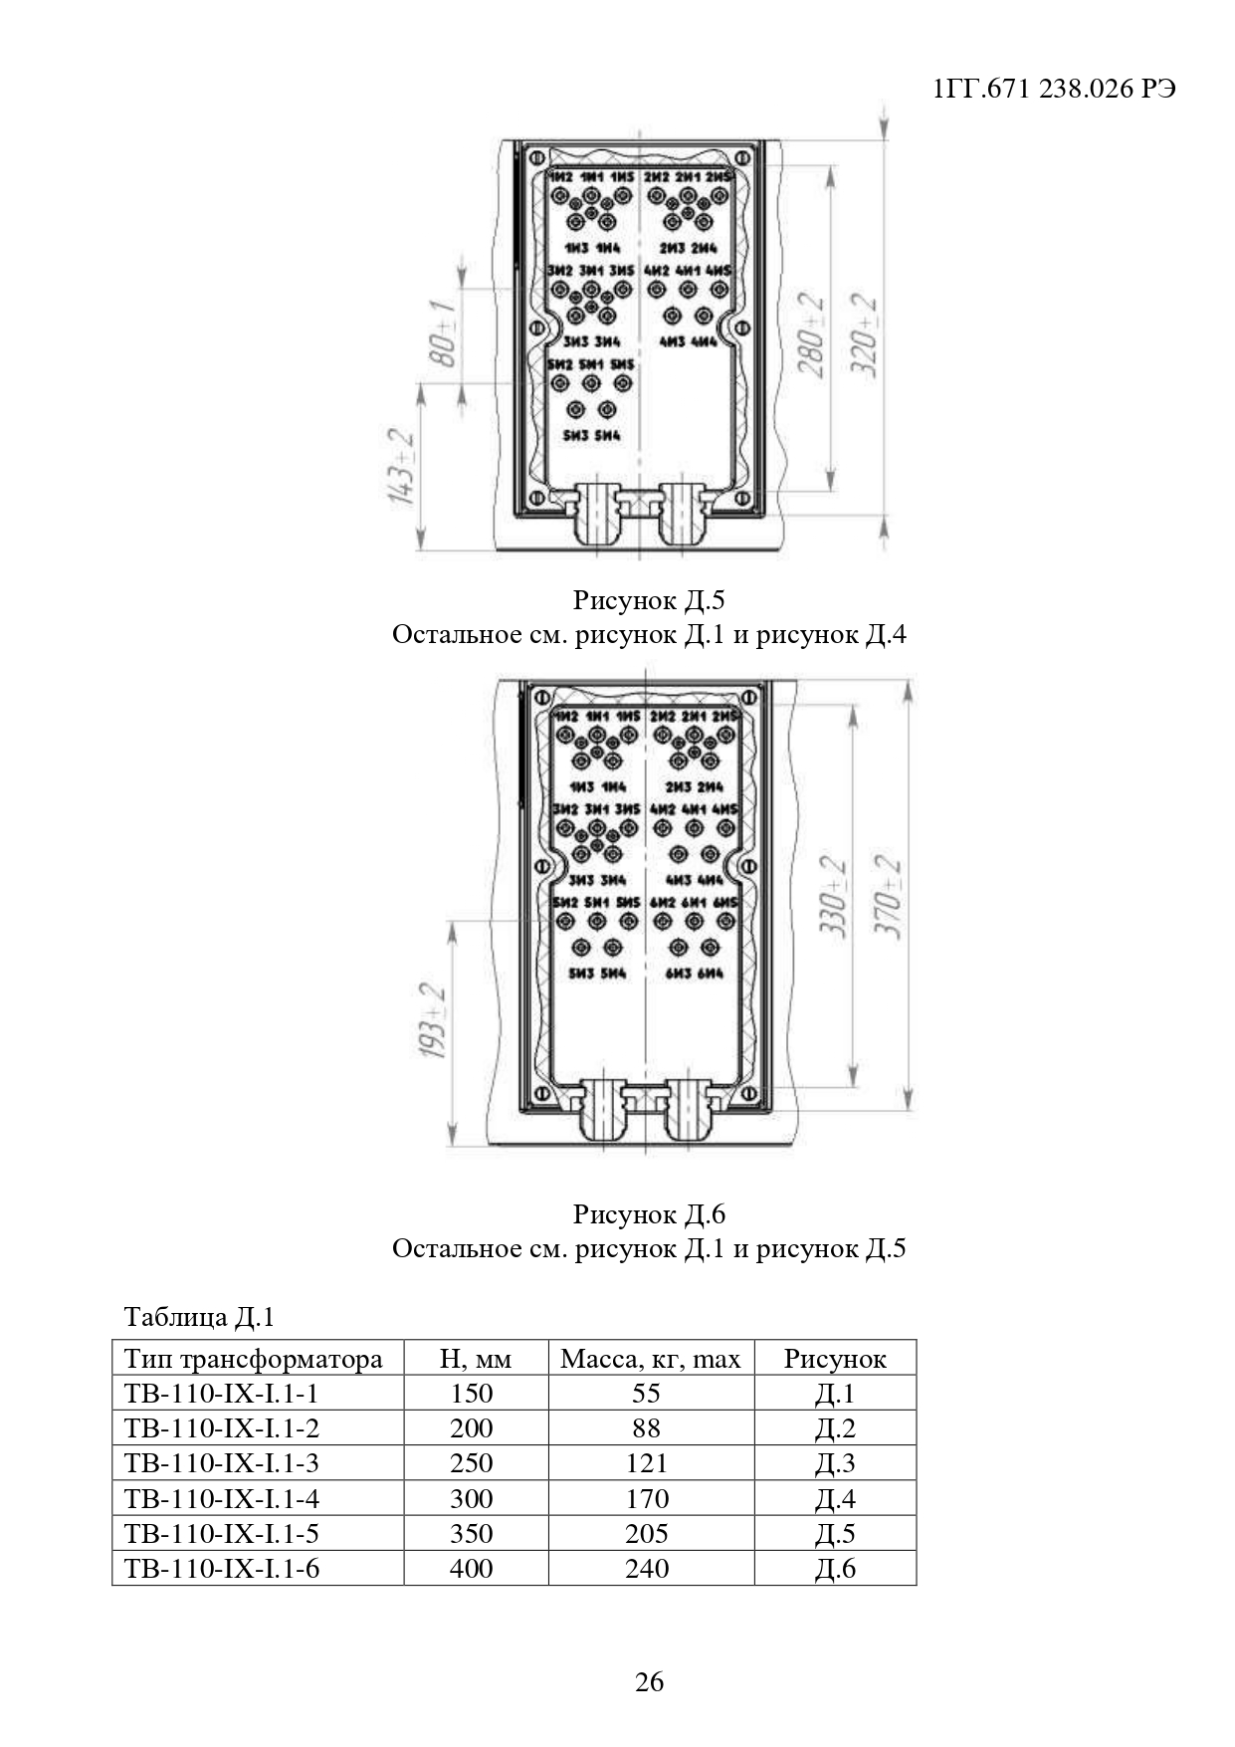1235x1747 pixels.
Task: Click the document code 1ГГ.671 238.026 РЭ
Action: coord(1055,89)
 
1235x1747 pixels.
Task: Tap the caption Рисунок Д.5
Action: coord(649,600)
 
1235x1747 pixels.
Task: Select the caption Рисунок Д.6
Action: coord(649,1213)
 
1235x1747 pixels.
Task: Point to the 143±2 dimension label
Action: coord(402,467)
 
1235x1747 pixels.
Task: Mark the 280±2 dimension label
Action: coord(811,335)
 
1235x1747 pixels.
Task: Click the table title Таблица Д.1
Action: coord(198,1317)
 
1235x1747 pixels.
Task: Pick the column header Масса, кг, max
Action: coord(650,1359)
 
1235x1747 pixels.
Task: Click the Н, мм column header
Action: coord(475,1359)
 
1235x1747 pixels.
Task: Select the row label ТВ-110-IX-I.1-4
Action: coord(222,1498)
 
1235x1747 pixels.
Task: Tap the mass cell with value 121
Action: coord(647,1463)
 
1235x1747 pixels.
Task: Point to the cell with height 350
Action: coord(472,1533)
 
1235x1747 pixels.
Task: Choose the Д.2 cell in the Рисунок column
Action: coord(835,1428)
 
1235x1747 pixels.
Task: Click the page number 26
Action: coord(649,1682)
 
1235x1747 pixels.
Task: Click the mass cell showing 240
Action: coord(647,1568)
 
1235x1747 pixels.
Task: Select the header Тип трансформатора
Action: coord(253,1359)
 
